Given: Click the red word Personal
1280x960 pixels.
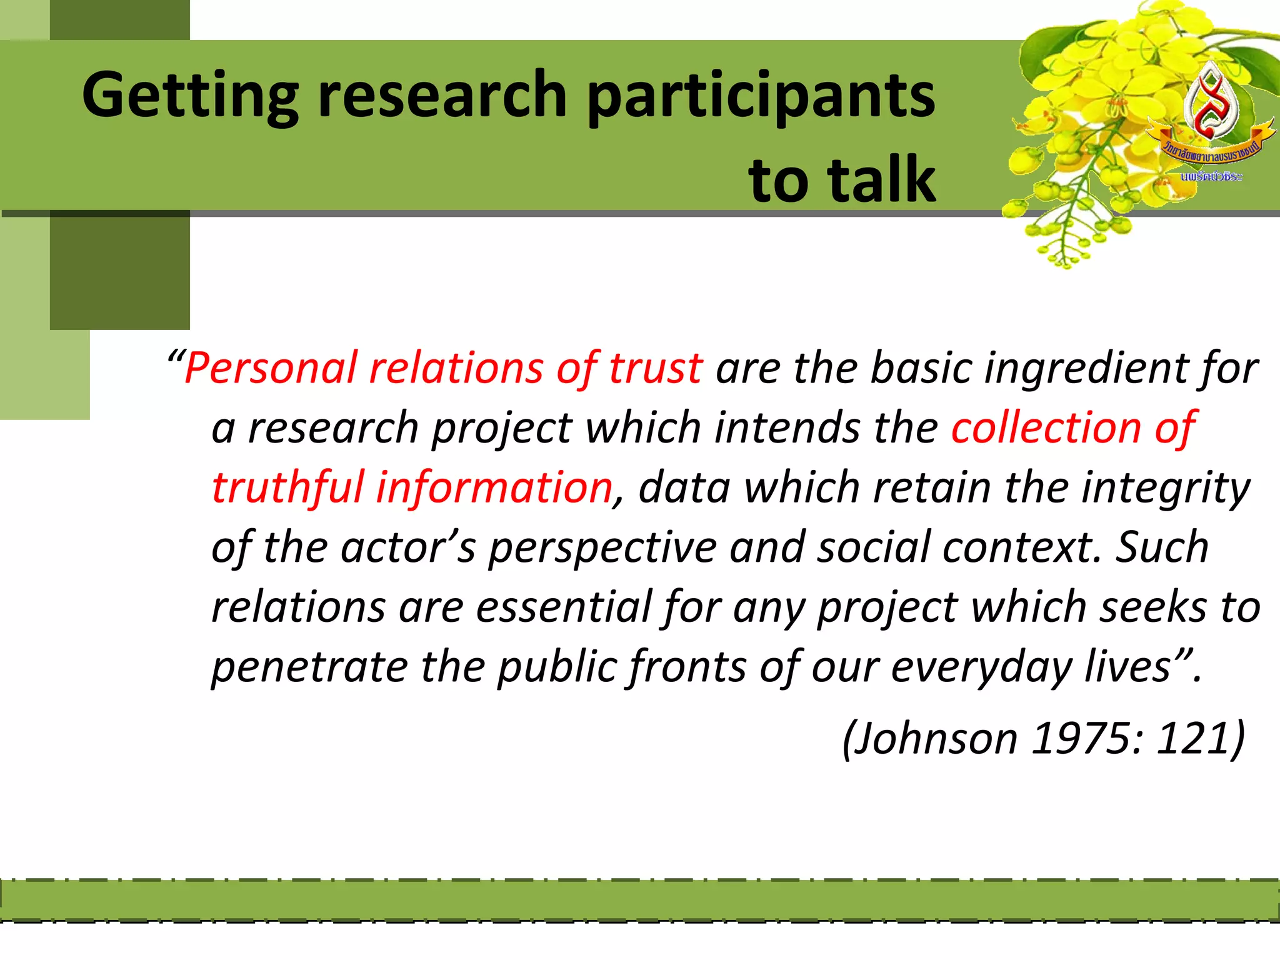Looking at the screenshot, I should click(x=270, y=368).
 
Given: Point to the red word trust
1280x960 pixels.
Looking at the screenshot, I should click(x=656, y=368).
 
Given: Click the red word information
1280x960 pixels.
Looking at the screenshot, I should click(x=494, y=487).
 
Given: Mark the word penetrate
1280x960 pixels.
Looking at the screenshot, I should click(x=309, y=667).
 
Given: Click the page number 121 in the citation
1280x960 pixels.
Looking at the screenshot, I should click(x=1197, y=739).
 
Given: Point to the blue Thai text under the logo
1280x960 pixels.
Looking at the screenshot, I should click(x=1211, y=177).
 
